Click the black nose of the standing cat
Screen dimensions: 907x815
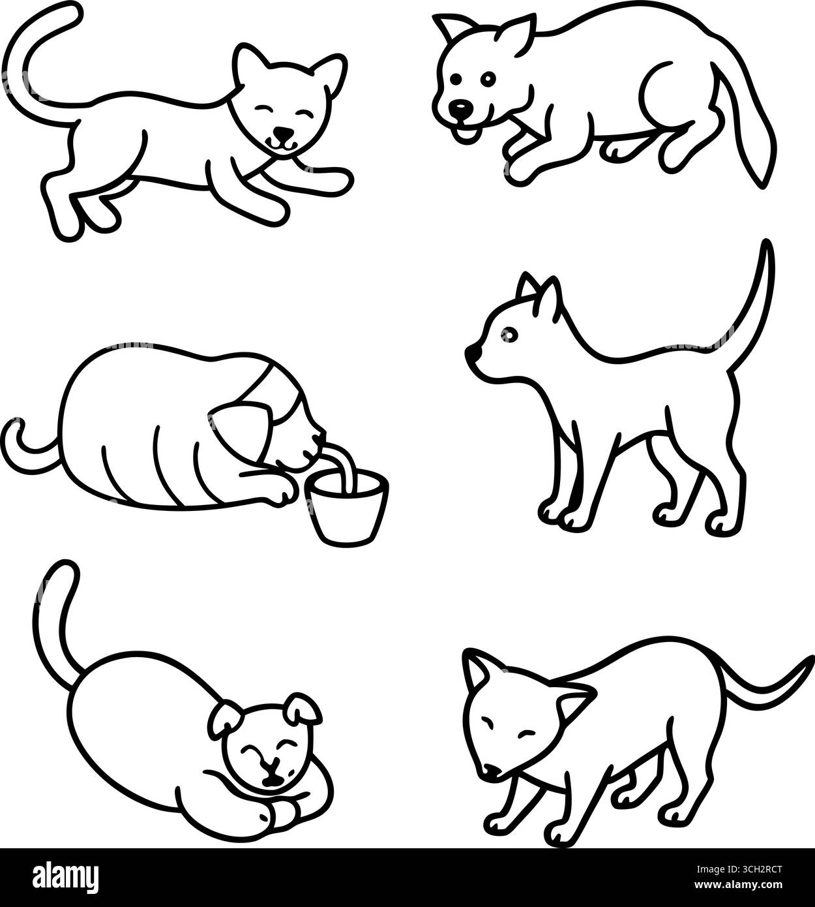tap(469, 352)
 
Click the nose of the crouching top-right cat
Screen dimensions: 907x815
tap(461, 107)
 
